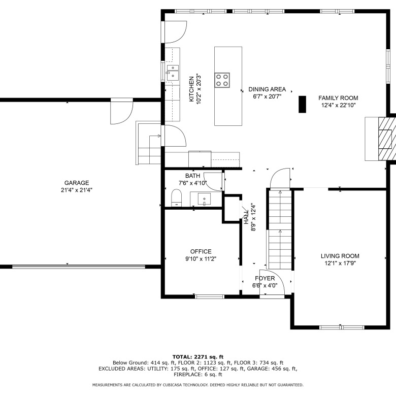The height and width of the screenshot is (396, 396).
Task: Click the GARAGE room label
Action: (x=77, y=183)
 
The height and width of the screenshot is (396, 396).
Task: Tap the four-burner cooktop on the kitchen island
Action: (x=222, y=80)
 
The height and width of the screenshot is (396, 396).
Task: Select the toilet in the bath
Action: (x=177, y=198)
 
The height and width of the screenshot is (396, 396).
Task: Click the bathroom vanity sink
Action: (x=204, y=199)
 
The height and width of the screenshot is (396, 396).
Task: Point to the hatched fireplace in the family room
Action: (x=387, y=139)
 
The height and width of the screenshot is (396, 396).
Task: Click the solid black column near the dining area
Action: (x=302, y=104)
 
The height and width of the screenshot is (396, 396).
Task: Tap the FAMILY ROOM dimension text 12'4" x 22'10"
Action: (x=338, y=105)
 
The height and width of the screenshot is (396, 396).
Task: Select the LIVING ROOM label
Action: (x=340, y=256)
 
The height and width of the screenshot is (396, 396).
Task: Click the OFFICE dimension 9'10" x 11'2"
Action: (x=201, y=259)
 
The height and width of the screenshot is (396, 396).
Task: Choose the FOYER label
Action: (x=265, y=278)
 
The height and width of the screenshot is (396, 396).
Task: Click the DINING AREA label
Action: (x=267, y=89)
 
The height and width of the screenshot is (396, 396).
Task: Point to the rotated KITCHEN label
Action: (x=191, y=89)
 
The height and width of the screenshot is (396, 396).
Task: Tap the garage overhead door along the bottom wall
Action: (x=79, y=267)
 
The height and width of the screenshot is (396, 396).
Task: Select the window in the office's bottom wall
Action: (x=210, y=296)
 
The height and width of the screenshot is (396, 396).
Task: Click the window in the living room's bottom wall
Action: (x=342, y=327)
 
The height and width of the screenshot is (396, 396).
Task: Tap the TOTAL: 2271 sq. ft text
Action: (x=198, y=357)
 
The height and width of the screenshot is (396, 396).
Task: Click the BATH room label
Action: (x=192, y=176)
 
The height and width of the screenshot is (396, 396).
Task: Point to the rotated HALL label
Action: (x=246, y=217)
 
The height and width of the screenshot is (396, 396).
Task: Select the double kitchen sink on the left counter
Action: (x=173, y=73)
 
